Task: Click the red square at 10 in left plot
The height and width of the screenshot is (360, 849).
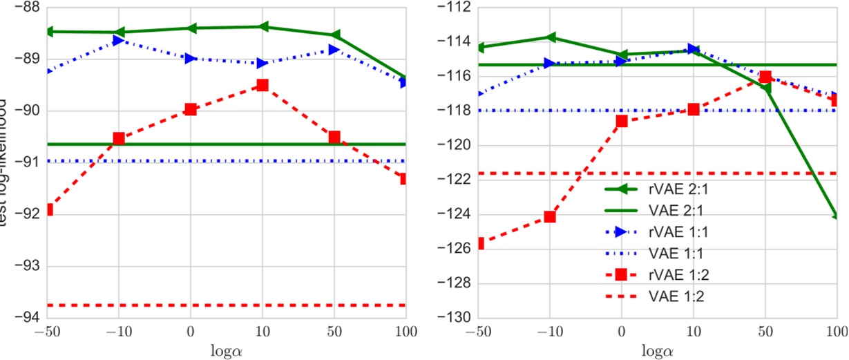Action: (x=262, y=85)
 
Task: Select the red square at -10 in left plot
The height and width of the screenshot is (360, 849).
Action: (x=119, y=138)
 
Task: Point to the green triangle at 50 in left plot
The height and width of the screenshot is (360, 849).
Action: (x=335, y=35)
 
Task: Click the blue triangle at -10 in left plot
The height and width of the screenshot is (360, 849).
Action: (x=119, y=40)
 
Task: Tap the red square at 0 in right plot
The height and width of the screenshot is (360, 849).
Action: (x=622, y=121)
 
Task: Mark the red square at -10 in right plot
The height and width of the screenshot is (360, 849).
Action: (x=550, y=216)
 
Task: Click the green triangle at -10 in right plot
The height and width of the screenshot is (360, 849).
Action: (x=550, y=37)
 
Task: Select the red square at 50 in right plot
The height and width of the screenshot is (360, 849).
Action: (x=765, y=77)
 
